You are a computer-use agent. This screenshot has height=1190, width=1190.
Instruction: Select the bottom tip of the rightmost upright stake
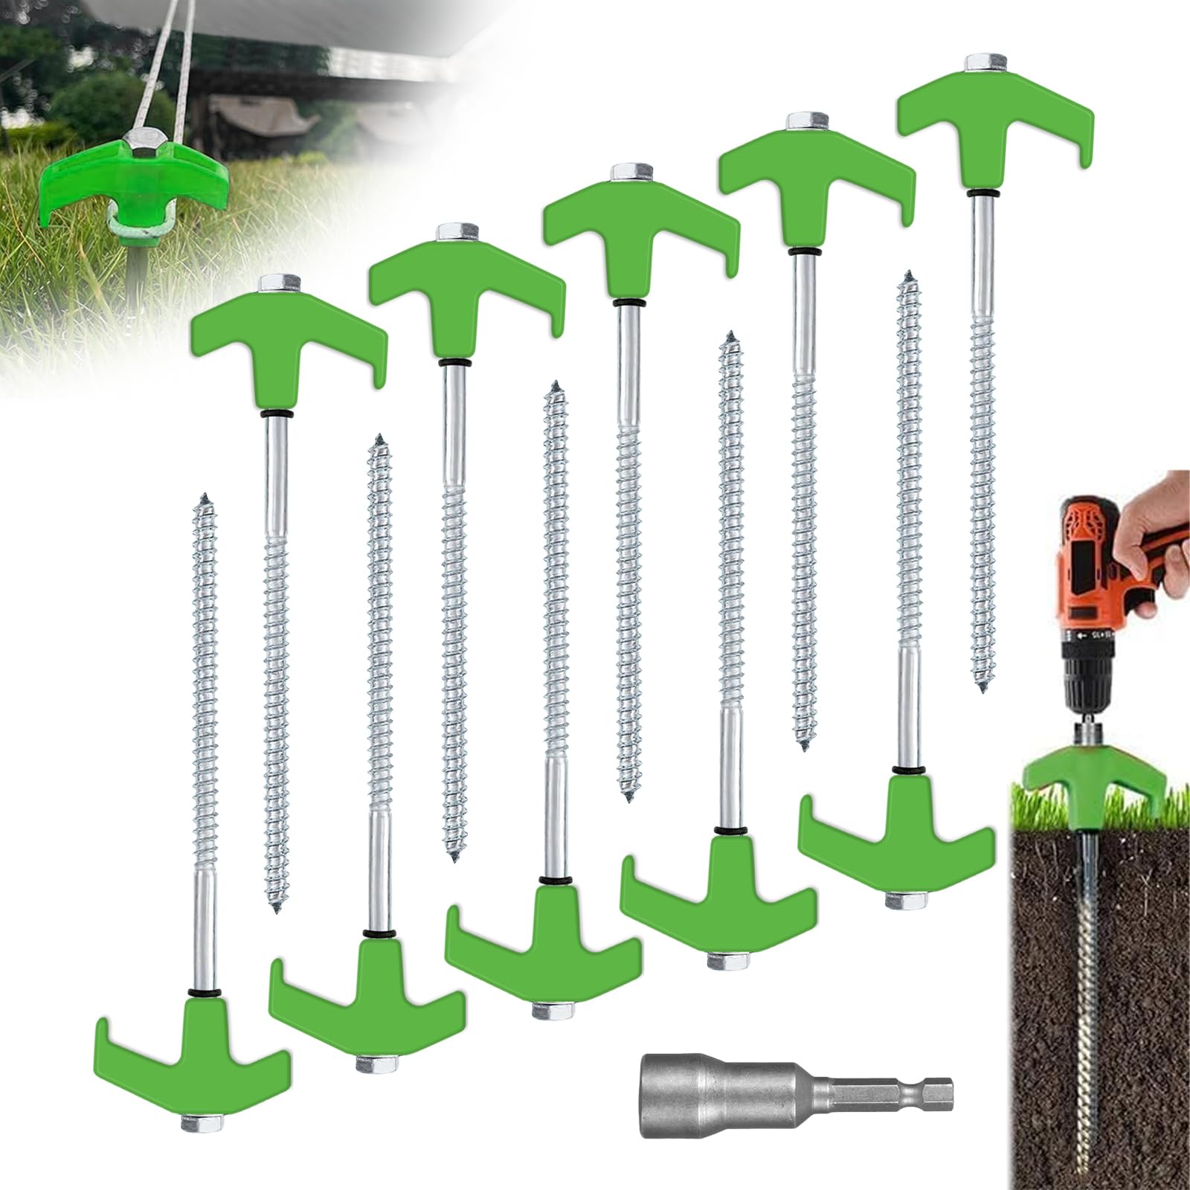click(x=984, y=688)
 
